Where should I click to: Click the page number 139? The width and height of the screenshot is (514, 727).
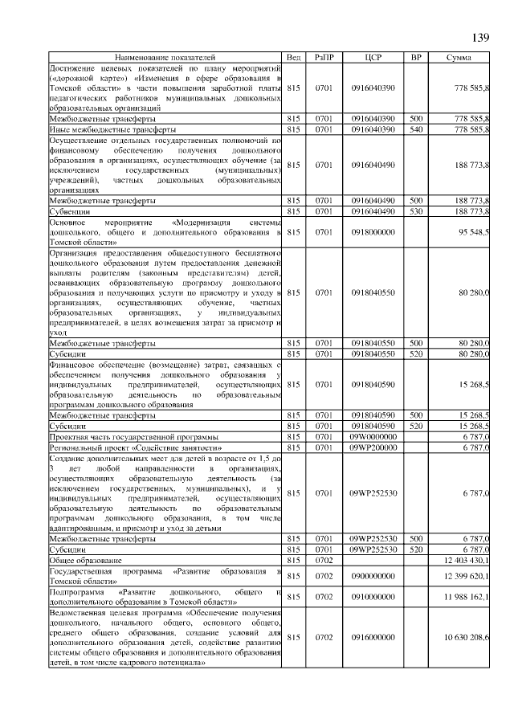coord(479,38)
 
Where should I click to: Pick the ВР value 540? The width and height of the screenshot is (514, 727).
coord(416,129)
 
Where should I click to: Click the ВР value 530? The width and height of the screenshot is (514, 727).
coord(416,210)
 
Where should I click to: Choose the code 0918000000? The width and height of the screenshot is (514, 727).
coord(373,231)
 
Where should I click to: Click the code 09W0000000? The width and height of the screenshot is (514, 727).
coord(373,435)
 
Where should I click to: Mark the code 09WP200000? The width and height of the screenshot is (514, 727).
coord(373,446)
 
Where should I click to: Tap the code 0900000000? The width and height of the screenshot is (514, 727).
coord(373,576)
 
